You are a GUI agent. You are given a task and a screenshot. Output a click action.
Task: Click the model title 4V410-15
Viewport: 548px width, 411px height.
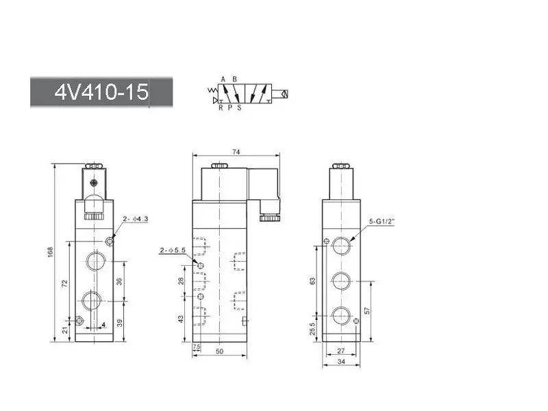point(101,92)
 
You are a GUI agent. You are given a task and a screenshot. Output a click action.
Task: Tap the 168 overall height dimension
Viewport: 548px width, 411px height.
point(50,252)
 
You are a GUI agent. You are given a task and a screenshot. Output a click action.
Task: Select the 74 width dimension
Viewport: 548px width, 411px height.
point(236,151)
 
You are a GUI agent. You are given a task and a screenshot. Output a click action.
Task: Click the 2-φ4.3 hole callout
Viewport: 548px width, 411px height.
point(136,219)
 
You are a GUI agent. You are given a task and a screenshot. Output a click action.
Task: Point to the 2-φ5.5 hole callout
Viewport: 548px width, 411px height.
point(173,250)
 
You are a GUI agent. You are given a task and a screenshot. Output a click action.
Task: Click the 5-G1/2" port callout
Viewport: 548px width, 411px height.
point(382,221)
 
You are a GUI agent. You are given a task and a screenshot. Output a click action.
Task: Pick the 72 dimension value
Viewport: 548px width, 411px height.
point(64,283)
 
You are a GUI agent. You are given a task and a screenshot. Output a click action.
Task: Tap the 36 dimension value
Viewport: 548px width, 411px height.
point(119,282)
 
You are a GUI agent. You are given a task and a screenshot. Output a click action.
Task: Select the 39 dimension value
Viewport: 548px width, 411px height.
point(119,323)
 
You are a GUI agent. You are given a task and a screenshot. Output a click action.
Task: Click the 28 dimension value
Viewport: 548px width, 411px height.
point(181,281)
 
